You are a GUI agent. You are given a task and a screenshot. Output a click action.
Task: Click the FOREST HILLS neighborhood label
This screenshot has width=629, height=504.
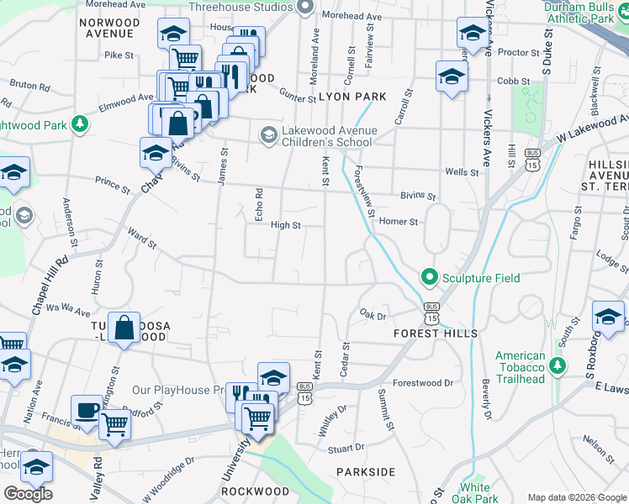tap(436, 333)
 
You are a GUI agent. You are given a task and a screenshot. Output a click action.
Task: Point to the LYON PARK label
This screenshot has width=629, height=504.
tap(352, 97)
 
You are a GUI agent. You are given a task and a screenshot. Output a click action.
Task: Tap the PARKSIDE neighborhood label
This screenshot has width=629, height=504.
tap(366, 472)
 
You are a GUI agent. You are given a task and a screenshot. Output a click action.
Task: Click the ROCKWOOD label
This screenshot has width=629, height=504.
tap(256, 491)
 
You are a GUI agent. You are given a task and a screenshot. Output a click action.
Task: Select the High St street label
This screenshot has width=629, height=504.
tap(285, 225)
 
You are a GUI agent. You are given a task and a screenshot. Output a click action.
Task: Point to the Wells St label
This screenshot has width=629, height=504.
tap(462, 172)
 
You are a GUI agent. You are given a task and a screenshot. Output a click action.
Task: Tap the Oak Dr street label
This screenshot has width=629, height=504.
tap(372, 316)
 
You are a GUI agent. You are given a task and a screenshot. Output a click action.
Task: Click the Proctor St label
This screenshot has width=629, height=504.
tap(512, 52)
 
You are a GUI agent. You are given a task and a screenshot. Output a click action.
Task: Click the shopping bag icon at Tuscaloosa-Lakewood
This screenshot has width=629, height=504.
tap(124, 328)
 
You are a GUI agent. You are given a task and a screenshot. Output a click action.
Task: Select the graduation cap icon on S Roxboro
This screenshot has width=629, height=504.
tap(608, 317)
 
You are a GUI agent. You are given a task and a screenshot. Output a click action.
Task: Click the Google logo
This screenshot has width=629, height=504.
tap(28, 494)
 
